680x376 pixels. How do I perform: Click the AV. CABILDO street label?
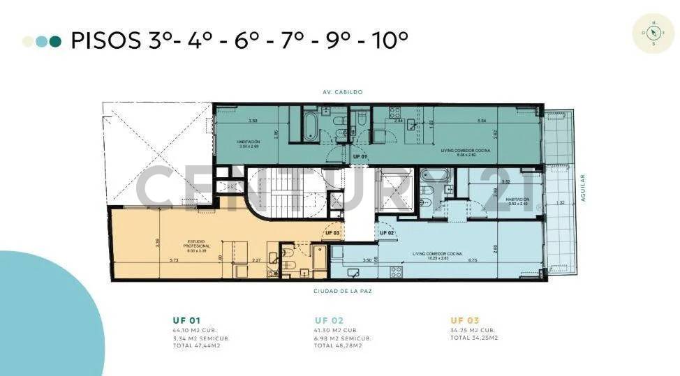(x=342, y=92)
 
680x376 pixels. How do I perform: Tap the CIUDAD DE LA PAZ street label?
(x=342, y=291)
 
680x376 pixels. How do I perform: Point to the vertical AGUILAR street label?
(x=583, y=188)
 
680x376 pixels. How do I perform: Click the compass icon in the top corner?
(x=653, y=32)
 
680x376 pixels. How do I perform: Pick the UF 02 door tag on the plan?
(x=387, y=232)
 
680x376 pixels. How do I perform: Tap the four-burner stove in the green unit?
(x=411, y=126)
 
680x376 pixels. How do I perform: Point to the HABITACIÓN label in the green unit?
(x=249, y=141)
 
